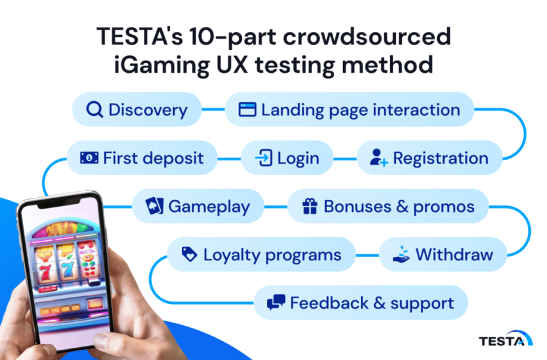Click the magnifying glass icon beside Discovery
(x=94, y=109)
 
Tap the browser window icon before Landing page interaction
(x=247, y=109)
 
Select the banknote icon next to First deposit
(x=89, y=158)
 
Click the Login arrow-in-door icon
(x=264, y=158)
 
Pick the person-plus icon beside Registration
(x=379, y=158)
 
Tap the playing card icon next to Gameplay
(x=154, y=205)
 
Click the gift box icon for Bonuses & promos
(x=310, y=206)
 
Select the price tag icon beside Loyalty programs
(x=189, y=254)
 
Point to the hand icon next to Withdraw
(x=401, y=254)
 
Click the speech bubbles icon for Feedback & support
(x=276, y=303)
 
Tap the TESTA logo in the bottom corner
(x=505, y=338)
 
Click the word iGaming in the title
(x=162, y=65)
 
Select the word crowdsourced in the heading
(x=367, y=36)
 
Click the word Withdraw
(x=454, y=254)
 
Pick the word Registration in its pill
(x=441, y=158)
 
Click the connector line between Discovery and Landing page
(x=214, y=109)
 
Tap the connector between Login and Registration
(x=345, y=159)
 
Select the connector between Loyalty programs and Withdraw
(x=367, y=255)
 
